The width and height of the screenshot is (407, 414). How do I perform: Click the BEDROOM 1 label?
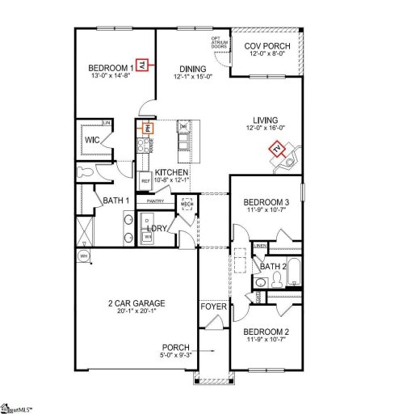click(x=111, y=68)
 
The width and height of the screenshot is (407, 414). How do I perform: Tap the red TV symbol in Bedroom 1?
click(x=143, y=65)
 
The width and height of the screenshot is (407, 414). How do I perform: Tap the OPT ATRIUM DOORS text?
click(x=218, y=42)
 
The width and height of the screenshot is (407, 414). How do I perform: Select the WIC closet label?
click(x=91, y=140)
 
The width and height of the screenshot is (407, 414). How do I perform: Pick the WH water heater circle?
click(x=82, y=256)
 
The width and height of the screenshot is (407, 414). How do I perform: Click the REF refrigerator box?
click(x=145, y=181)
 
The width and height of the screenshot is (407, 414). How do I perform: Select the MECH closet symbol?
click(x=186, y=205)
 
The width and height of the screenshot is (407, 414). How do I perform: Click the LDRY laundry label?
click(x=156, y=229)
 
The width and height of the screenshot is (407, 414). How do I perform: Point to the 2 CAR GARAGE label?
click(x=136, y=303)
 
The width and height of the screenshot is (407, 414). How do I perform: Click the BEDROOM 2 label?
click(x=266, y=332)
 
